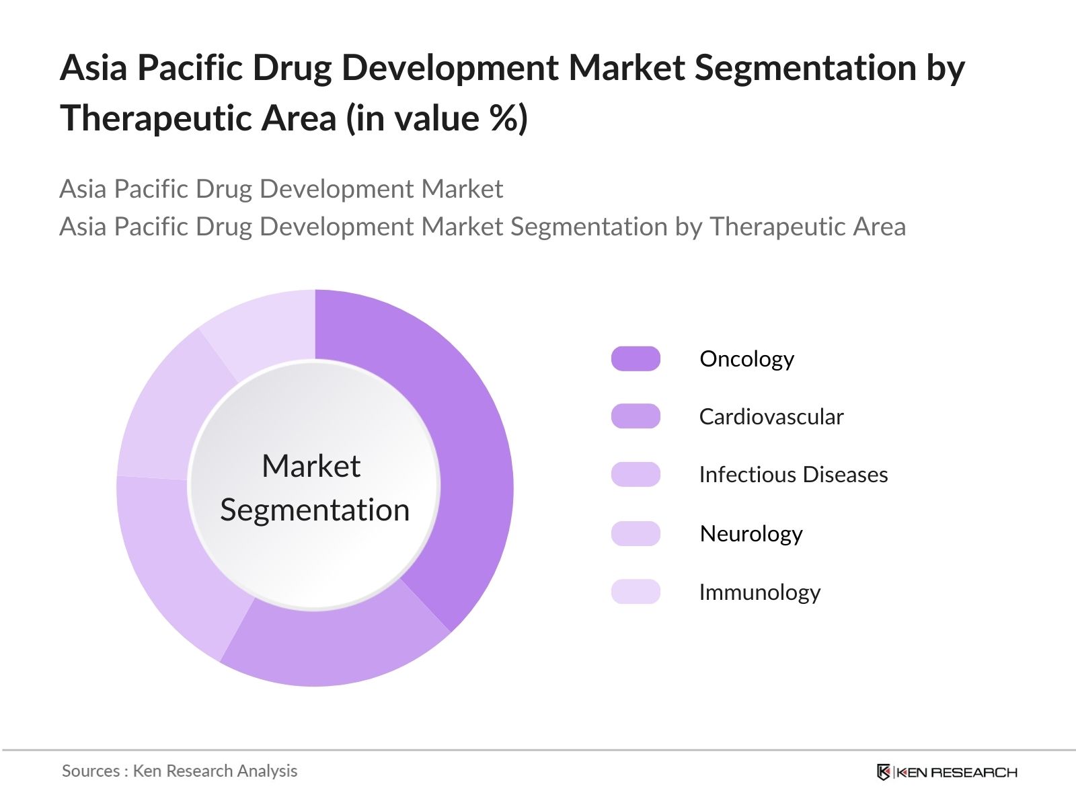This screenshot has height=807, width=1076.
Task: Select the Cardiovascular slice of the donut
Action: [334, 647]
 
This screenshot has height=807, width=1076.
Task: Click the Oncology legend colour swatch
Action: [636, 358]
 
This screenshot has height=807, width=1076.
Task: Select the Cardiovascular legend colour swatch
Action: [636, 416]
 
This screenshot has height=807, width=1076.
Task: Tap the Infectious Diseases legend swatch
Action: [636, 474]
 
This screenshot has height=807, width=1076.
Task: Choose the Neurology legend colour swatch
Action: [636, 533]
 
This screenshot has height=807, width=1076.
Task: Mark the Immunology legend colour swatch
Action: [636, 592]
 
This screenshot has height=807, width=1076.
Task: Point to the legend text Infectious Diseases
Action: [794, 474]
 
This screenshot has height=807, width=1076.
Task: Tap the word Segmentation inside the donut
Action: [315, 510]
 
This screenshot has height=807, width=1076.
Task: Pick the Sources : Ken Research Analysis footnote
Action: [180, 771]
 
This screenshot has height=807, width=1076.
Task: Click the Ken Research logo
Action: [947, 772]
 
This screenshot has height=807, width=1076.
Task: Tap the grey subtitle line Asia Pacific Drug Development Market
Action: [281, 189]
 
